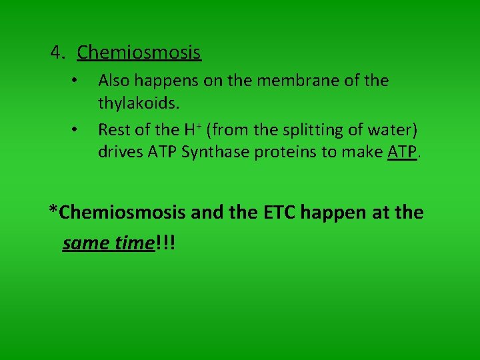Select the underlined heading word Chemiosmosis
(139, 52)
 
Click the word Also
(113, 81)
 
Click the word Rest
(114, 129)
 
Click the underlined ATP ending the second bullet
(401, 153)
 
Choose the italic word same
(86, 243)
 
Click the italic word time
(133, 243)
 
